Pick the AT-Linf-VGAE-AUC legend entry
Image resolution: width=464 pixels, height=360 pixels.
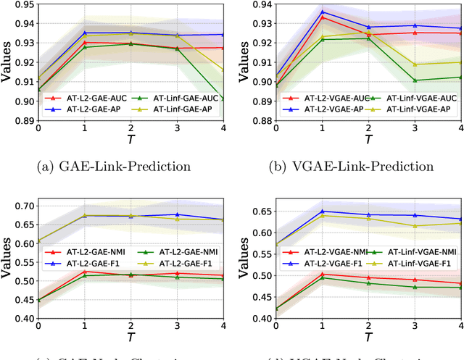click(418, 117)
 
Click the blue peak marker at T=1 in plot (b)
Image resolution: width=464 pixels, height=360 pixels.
click(322, 12)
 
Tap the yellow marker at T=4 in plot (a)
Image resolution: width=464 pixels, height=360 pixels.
click(223, 70)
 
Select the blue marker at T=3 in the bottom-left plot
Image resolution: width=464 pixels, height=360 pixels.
click(177, 214)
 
